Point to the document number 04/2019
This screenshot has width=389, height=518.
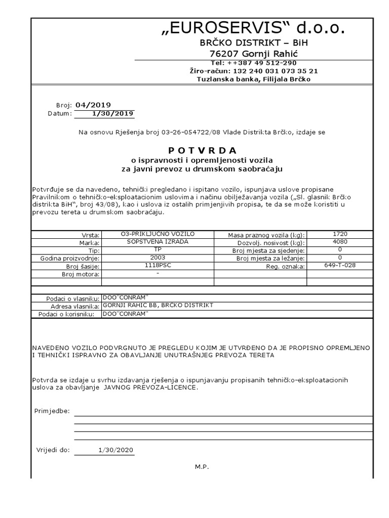[x=93, y=105]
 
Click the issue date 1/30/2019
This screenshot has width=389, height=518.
[x=118, y=113]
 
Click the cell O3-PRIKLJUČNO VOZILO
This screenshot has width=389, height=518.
[x=158, y=234]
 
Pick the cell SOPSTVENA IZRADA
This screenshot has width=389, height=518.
[x=158, y=242]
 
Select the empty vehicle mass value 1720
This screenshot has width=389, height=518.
[x=340, y=234]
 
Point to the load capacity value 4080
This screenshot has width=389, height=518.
[x=340, y=242]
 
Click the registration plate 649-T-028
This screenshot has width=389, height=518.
[x=340, y=266]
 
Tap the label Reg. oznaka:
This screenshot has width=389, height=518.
[x=285, y=267]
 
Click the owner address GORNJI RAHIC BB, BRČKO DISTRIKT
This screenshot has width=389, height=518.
[x=158, y=305]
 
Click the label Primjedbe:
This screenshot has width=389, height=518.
[x=52, y=411]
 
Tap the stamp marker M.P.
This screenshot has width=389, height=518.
[x=202, y=467]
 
